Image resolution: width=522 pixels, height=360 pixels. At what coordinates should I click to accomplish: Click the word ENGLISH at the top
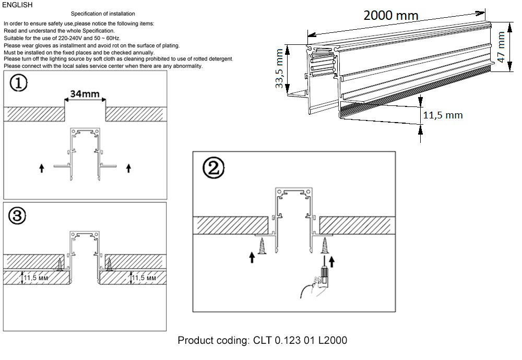[x=17, y=5]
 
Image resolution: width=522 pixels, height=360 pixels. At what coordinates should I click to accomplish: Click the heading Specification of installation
[x=102, y=14]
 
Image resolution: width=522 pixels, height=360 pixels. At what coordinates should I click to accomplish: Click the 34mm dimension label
[x=85, y=94]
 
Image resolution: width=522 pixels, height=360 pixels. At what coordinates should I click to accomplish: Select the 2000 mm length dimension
[x=391, y=16]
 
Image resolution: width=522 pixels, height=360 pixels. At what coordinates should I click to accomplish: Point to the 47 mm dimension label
[x=502, y=47]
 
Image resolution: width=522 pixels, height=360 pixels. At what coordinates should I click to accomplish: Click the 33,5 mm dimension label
[x=280, y=68]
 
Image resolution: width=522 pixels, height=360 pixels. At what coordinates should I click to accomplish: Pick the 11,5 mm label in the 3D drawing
[x=442, y=115]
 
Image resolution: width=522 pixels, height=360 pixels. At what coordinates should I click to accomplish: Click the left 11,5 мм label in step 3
[x=37, y=278]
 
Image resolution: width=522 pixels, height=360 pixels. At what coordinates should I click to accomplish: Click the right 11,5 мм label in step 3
[x=144, y=278]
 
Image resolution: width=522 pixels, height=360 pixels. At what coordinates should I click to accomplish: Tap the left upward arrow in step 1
[x=42, y=167]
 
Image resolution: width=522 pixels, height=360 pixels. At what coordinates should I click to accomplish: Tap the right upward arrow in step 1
[x=128, y=167]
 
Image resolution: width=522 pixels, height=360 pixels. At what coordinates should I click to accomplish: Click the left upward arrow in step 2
[x=253, y=257]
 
